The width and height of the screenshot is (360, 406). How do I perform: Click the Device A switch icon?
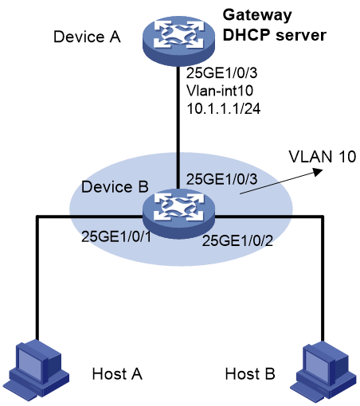[x=178, y=41]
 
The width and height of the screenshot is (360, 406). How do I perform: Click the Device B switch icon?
[x=178, y=214]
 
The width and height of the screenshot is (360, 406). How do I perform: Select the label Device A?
[x=87, y=37]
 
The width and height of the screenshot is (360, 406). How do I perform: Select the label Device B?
[x=115, y=187]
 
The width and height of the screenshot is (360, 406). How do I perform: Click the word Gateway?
[x=257, y=15]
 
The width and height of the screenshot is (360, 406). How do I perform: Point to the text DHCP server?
[x=275, y=35]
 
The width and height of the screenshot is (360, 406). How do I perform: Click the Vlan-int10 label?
[x=220, y=91]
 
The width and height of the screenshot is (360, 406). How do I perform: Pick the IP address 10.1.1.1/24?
[x=224, y=108]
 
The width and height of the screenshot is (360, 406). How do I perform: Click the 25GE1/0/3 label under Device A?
[x=221, y=72]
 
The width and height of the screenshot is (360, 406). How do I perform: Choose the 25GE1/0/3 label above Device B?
[x=221, y=179]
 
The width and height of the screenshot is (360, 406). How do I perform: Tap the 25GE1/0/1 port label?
[x=116, y=236]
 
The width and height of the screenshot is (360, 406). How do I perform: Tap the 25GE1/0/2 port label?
[x=237, y=241]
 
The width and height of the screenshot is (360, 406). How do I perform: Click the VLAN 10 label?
[x=323, y=157]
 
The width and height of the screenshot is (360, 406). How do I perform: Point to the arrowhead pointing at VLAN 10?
[x=318, y=172]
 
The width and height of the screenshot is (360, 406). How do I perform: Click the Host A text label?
[x=117, y=374]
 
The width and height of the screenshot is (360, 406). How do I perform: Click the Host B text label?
[x=250, y=374]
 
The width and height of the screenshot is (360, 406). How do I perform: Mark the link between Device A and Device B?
[x=178, y=127]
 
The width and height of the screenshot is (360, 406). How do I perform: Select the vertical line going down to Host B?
[x=323, y=279]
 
